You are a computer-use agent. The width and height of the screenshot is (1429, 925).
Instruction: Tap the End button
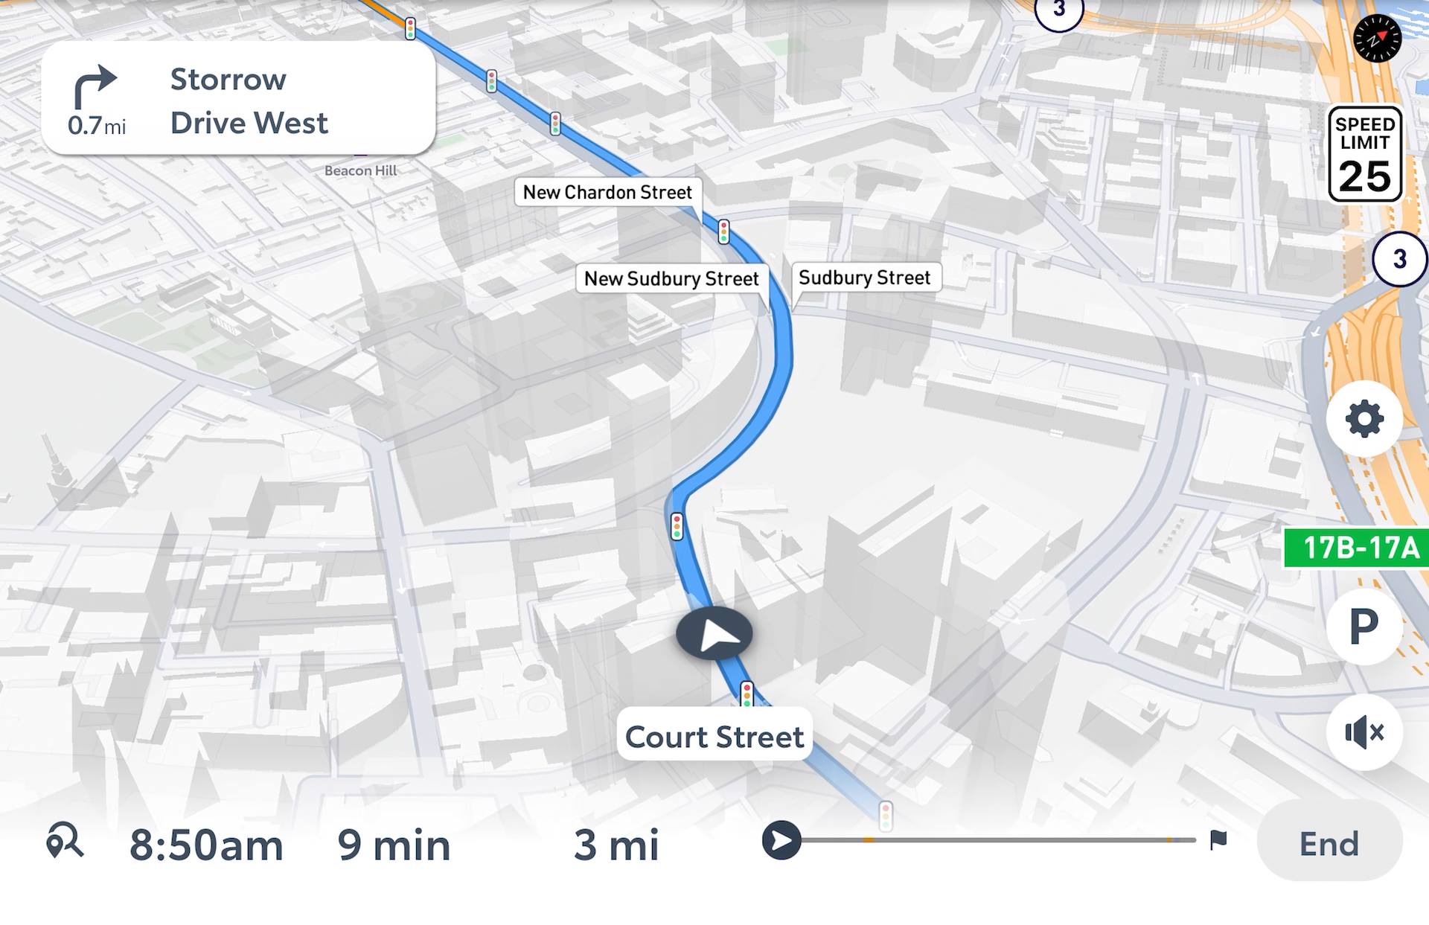click(x=1329, y=843)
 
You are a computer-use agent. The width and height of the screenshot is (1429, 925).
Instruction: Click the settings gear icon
click(x=1364, y=418)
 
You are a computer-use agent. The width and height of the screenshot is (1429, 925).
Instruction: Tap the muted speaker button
click(x=1364, y=732)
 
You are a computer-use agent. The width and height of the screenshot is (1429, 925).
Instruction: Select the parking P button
click(x=1364, y=627)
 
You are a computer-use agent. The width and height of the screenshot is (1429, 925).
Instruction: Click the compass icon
click(x=1377, y=38)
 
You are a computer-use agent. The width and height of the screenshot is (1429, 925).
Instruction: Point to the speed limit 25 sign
click(x=1365, y=155)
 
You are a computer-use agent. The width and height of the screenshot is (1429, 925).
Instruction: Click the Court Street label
click(x=714, y=737)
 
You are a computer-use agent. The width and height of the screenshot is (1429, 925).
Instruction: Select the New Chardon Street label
click(x=607, y=192)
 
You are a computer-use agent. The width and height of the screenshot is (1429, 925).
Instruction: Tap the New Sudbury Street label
click(x=671, y=278)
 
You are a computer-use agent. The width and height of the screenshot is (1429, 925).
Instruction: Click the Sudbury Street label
click(x=864, y=278)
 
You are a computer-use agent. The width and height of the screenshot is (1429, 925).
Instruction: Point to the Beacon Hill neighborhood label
click(x=361, y=170)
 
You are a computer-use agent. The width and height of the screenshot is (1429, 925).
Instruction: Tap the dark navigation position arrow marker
click(x=714, y=634)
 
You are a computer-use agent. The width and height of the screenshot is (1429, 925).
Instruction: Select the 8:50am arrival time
click(x=206, y=845)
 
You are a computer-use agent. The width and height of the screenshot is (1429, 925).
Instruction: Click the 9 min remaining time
click(x=394, y=845)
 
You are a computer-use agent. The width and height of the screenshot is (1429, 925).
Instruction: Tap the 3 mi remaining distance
click(x=616, y=845)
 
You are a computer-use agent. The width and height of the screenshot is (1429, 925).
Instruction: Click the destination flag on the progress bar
click(x=1218, y=839)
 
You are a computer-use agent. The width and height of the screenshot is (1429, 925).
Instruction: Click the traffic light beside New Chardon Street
click(x=723, y=231)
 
